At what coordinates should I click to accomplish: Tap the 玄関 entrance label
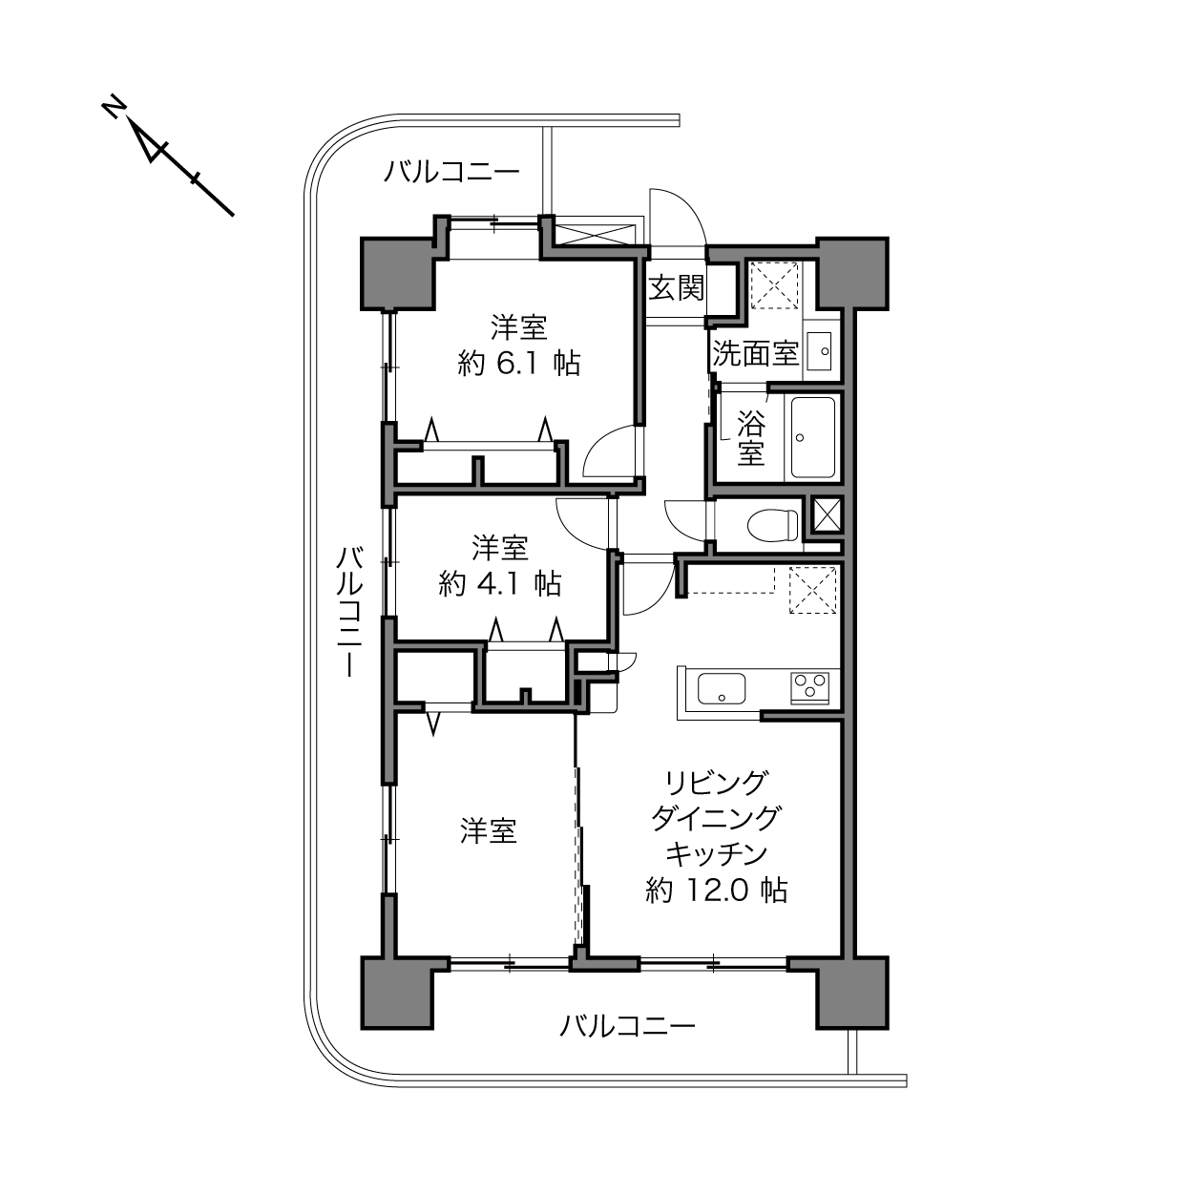(x=676, y=288)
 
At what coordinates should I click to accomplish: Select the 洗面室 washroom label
(x=755, y=353)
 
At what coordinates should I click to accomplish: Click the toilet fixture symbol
(x=773, y=525)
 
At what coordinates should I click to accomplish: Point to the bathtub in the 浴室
(x=812, y=437)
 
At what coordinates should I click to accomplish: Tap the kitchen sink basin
(x=722, y=688)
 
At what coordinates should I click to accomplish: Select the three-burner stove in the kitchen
(x=809, y=687)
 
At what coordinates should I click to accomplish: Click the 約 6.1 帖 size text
(x=518, y=363)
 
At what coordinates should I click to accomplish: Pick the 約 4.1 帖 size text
(x=500, y=583)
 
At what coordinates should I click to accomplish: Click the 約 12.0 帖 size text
(x=716, y=891)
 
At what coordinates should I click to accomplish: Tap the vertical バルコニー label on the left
(x=349, y=611)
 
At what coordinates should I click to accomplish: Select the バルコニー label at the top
(x=451, y=171)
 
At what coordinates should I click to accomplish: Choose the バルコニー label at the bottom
(x=627, y=1026)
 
